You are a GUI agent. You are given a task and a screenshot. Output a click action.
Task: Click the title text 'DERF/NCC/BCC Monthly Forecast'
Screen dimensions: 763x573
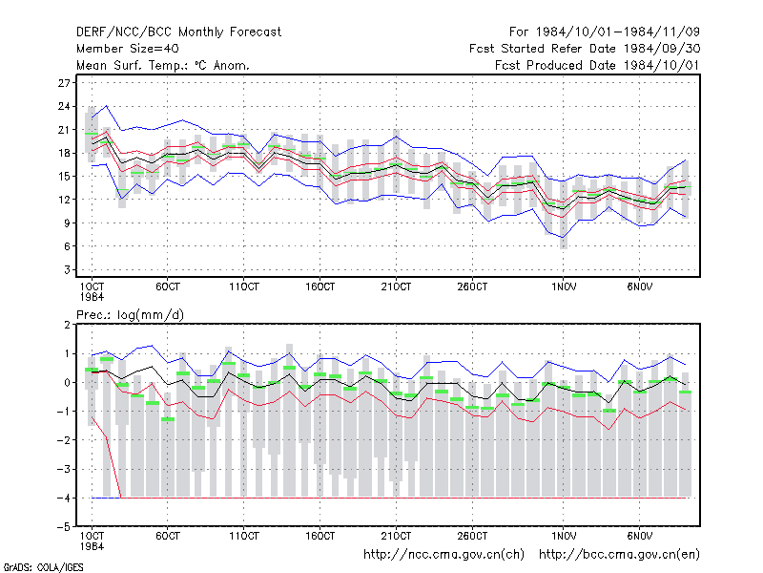178,32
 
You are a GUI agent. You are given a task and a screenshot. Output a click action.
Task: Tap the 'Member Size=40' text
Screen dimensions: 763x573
128,49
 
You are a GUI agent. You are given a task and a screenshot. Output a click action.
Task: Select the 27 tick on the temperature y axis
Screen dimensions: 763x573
64,83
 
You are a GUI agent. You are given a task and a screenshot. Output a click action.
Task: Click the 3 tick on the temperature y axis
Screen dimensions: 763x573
67,269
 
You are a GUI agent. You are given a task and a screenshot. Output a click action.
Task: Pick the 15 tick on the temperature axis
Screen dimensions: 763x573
64,177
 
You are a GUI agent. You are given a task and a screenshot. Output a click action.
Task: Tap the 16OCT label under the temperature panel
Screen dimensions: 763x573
320,286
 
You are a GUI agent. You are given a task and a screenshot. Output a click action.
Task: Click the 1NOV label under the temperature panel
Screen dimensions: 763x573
564,286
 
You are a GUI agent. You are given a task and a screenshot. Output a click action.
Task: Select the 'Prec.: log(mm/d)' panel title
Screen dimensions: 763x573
130,315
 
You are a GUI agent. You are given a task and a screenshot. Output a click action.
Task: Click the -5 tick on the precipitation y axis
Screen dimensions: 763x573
64,527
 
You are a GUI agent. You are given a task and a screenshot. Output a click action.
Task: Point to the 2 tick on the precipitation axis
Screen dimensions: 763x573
67,325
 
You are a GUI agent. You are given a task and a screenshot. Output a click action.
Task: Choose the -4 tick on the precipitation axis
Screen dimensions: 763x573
64,498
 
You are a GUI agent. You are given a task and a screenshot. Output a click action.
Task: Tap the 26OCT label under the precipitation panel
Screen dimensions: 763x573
472,536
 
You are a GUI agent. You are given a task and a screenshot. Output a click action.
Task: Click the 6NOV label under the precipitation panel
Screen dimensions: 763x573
639,536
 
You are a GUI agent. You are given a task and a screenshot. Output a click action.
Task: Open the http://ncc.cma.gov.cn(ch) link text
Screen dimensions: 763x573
443,555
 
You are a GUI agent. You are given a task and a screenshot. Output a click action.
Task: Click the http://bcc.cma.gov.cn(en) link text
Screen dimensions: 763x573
619,555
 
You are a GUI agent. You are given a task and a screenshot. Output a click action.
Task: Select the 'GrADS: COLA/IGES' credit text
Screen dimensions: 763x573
43,567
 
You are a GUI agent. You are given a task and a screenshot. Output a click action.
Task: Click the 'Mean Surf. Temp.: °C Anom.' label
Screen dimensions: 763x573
163,65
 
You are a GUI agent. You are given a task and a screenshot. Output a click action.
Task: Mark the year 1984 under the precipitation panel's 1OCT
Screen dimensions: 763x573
92,546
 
